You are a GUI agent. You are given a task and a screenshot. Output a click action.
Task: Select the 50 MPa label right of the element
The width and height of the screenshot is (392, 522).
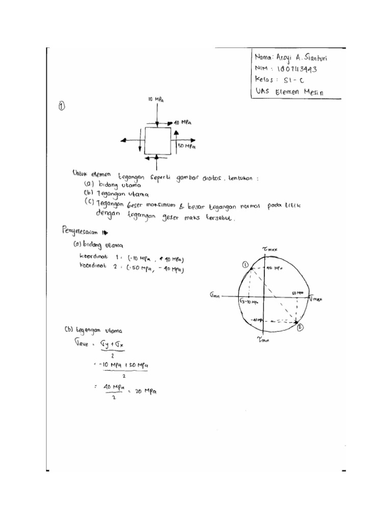tap(186, 147)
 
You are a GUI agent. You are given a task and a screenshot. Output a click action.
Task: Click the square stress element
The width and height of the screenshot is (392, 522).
tap(158, 140)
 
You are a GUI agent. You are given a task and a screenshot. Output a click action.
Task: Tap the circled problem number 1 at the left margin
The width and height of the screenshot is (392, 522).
tap(61, 106)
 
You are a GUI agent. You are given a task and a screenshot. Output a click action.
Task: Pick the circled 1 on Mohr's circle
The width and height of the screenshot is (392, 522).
tap(245, 265)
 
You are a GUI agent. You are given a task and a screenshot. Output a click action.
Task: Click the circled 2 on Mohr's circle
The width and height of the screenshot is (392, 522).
tap(300, 327)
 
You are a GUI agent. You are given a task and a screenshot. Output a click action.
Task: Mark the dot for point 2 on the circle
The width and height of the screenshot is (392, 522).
tap(296, 321)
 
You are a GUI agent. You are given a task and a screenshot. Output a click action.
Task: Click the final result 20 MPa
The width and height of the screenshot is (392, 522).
tap(145, 392)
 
